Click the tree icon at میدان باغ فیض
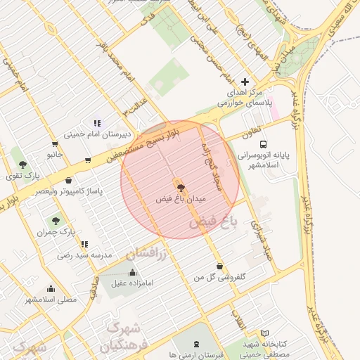181,188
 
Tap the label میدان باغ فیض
181,200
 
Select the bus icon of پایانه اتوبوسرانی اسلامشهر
263,143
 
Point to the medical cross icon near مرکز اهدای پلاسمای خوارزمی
245,82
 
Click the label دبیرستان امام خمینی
92,134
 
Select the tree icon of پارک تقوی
22,165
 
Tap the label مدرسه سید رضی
85,257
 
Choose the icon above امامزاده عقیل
133,272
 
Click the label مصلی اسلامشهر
51,300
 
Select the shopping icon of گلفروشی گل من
220,266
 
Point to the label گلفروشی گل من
220,278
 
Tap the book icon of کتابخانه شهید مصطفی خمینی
265,333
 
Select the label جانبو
55,153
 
